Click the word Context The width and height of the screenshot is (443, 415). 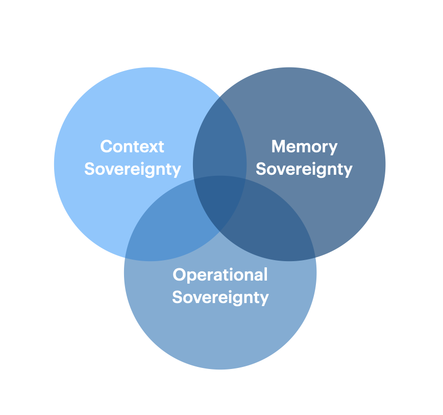point(132,147)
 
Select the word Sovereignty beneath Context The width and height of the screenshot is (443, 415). point(133,169)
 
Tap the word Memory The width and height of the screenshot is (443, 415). point(304,147)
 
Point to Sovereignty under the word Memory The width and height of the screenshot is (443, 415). point(304,169)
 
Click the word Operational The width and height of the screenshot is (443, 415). point(220,274)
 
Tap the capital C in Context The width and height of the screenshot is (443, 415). point(106,147)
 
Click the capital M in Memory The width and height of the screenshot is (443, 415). point(279,147)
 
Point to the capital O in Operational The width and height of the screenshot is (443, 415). point(179,274)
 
